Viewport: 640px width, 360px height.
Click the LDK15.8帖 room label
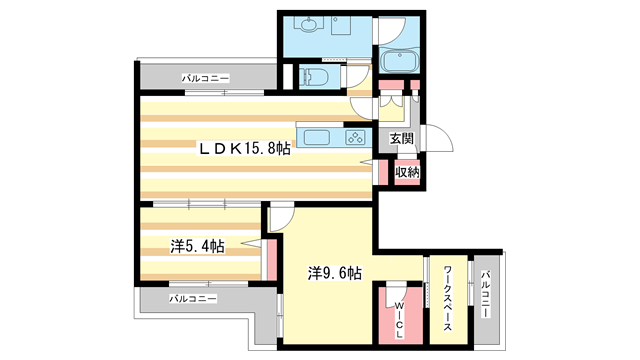point(244,149)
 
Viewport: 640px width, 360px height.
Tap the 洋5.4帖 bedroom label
point(197,247)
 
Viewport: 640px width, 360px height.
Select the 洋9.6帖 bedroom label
point(335,273)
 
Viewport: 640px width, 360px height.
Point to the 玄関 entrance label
point(402,139)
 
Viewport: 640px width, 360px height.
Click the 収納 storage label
point(407,172)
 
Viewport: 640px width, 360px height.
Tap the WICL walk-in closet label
point(400,321)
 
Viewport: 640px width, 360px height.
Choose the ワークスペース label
point(448,298)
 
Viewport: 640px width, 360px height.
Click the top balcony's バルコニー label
point(206,78)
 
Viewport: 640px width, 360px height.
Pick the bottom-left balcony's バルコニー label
point(193,299)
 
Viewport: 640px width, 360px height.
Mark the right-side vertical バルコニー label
point(485,294)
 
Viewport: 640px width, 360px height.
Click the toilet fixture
point(314,77)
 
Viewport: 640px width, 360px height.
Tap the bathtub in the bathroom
point(399,61)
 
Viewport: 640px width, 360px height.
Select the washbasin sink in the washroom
point(309,25)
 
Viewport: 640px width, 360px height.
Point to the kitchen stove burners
point(355,137)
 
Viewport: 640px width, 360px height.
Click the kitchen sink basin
point(317,137)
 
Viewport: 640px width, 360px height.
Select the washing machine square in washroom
point(341,26)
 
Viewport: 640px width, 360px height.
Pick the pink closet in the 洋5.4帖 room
point(271,260)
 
